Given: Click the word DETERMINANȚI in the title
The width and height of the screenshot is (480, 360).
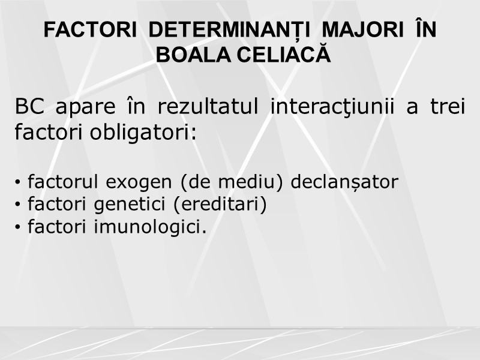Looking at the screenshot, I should [236, 31].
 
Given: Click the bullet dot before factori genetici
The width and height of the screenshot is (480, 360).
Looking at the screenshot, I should [20, 206].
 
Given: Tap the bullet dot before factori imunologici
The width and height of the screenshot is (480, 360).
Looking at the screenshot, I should [20, 229].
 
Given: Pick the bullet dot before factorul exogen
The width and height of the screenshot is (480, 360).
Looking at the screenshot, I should [20, 182].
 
